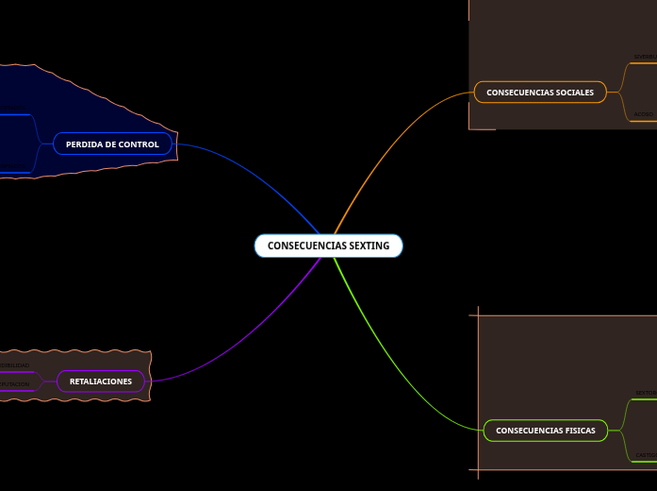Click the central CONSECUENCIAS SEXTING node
(x=328, y=245)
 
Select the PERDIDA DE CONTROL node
(x=113, y=144)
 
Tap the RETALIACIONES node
(x=101, y=381)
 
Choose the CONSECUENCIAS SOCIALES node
(x=540, y=93)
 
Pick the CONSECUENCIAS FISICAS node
(x=545, y=431)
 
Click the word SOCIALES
(x=574, y=93)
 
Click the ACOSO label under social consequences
(x=644, y=114)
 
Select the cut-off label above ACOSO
(x=645, y=57)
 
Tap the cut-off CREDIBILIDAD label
(x=14, y=364)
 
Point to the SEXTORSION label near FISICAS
(x=646, y=392)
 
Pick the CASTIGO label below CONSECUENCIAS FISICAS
(x=646, y=454)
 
